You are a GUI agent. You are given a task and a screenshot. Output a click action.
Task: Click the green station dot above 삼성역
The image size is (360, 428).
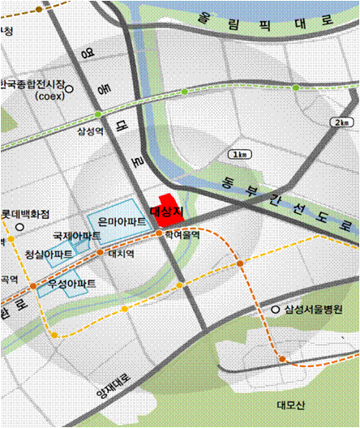98,114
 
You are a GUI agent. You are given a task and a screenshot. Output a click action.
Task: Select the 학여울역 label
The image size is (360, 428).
182,234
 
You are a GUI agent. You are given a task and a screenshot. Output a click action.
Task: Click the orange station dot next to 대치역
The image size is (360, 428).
100,252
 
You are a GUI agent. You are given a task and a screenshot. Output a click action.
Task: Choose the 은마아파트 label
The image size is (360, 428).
122,221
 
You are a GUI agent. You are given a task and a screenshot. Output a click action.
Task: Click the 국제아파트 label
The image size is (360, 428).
78,236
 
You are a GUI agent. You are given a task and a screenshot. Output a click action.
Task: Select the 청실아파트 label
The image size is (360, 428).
50,254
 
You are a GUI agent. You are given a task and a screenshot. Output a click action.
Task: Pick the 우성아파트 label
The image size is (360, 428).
71,284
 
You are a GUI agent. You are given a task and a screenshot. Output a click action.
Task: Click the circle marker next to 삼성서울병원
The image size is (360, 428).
276,310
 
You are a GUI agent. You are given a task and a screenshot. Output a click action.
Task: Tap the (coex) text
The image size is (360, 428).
49,96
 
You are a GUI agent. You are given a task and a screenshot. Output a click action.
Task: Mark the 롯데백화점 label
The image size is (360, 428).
25,214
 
